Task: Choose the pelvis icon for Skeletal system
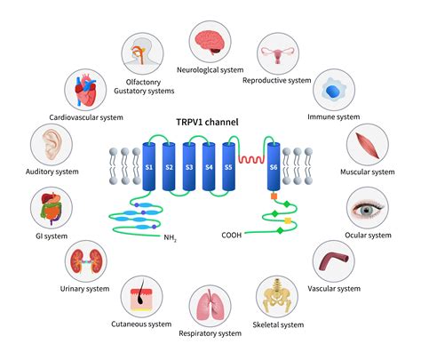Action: click(278, 296)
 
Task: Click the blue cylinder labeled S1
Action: click(148, 167)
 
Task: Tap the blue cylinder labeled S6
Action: click(274, 167)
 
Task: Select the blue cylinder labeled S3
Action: click(190, 167)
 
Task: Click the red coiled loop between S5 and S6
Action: click(251, 163)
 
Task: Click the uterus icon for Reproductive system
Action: click(277, 55)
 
